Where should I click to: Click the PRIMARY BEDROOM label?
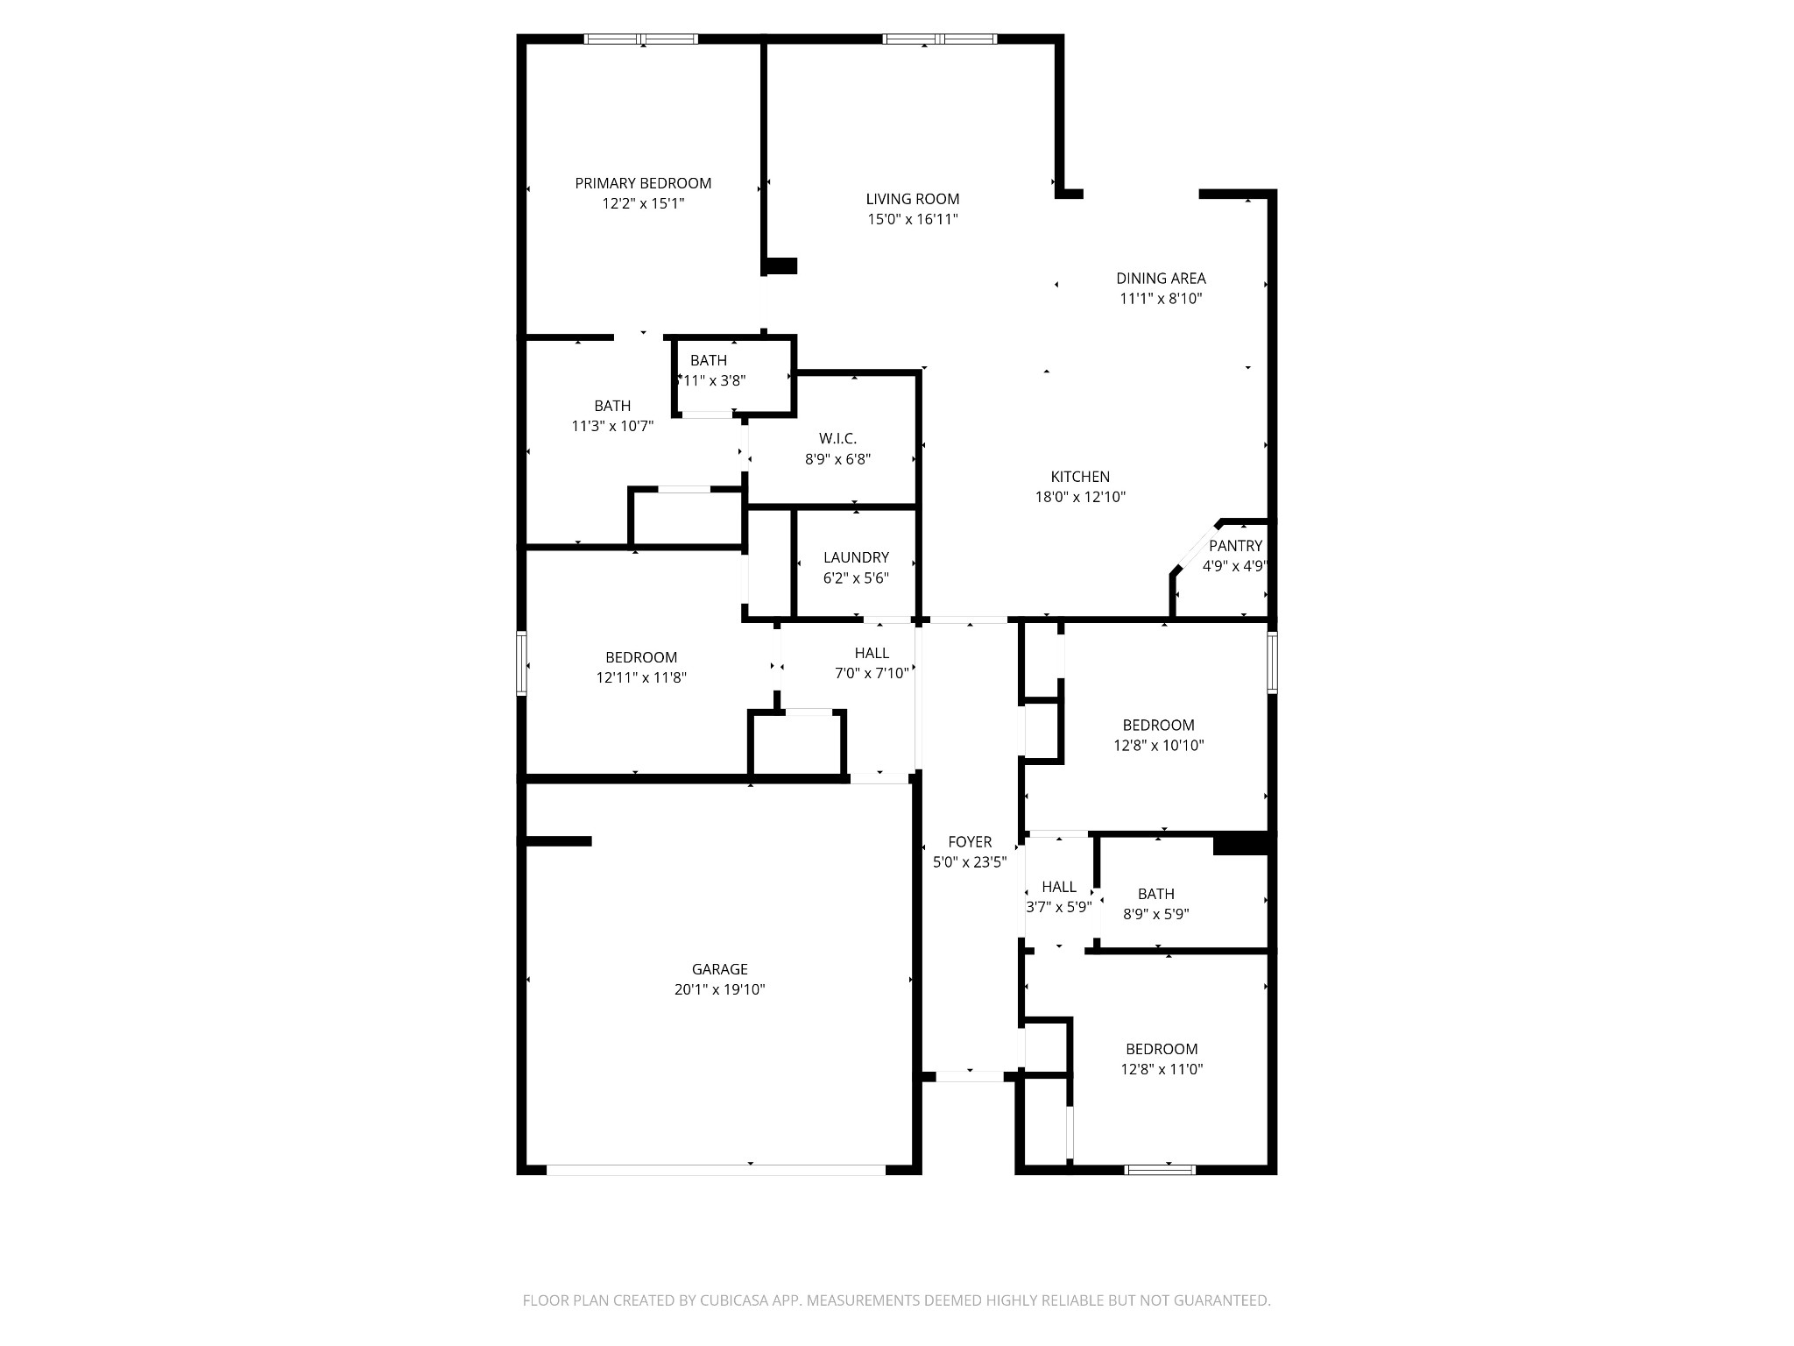642,183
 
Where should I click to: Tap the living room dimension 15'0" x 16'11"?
912,219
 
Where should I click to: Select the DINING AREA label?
1160,278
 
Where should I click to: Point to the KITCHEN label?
1079,477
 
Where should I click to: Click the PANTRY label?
1234,546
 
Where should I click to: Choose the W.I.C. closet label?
837,438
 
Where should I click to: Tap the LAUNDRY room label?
855,557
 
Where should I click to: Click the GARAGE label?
719,969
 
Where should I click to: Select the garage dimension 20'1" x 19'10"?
719,989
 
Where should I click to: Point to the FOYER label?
969,842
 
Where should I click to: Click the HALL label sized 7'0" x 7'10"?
871,653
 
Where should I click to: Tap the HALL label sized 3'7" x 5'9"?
1058,887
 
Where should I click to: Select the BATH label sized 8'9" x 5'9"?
1155,894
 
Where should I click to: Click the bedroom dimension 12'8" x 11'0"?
1161,1069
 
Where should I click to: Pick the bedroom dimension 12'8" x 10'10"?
1158,746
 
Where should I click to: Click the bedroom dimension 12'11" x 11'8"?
640,677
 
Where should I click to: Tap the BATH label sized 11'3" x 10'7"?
611,406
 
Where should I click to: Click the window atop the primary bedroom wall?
641,39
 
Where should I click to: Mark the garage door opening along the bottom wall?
716,1169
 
